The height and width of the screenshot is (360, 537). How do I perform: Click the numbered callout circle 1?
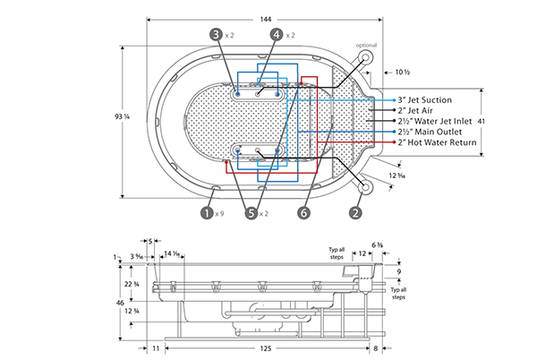click(207, 213)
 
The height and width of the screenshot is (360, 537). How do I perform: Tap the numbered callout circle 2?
click(356, 213)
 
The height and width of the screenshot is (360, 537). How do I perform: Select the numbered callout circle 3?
click(215, 34)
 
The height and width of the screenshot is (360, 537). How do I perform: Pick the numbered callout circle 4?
click(276, 34)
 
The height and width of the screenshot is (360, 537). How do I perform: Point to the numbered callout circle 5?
click(251, 213)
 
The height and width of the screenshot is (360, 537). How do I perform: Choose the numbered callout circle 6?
click(305, 213)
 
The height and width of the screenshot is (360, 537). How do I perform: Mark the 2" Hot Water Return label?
click(436, 142)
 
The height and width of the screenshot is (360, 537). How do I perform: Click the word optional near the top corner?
click(368, 45)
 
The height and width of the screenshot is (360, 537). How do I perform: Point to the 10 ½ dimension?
click(402, 71)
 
